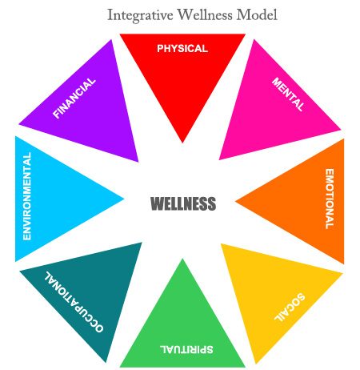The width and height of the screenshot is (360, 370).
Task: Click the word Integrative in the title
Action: click(140, 15)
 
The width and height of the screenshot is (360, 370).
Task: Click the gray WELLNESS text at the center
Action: click(183, 203)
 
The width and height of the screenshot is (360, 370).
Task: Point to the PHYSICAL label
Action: click(182, 49)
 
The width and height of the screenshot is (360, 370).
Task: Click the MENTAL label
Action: click(288, 94)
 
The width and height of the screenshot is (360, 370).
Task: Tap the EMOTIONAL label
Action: click(330, 199)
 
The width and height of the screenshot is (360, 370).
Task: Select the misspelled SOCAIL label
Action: click(290, 308)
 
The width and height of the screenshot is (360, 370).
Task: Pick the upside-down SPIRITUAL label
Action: click(186, 349)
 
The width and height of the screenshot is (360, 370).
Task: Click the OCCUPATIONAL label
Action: click(74, 302)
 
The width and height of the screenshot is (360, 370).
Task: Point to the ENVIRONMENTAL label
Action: click(27, 196)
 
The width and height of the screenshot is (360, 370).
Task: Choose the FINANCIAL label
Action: click(74, 98)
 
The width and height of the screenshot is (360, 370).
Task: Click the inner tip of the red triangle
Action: click(182, 143)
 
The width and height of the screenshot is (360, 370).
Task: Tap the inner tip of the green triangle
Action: click(182, 259)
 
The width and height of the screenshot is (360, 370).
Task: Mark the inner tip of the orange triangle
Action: click(235, 201)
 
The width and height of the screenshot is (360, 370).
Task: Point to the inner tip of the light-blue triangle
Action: click(124, 199)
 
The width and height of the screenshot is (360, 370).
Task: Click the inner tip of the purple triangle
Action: click(138, 162)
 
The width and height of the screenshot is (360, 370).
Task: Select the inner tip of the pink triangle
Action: click(219, 159)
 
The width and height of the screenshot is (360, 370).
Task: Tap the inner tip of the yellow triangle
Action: click(222, 244)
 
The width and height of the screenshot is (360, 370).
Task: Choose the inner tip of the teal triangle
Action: click(142, 243)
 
